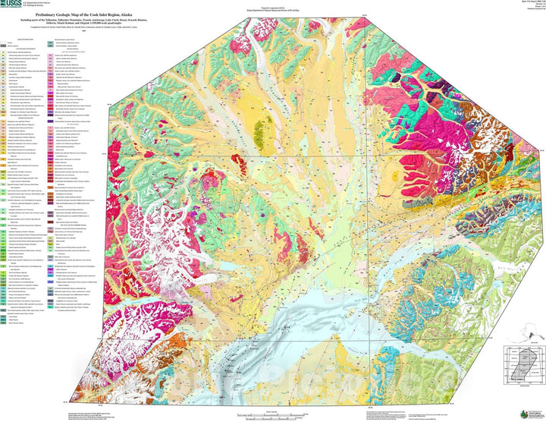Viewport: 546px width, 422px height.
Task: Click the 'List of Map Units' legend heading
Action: [25, 39]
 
